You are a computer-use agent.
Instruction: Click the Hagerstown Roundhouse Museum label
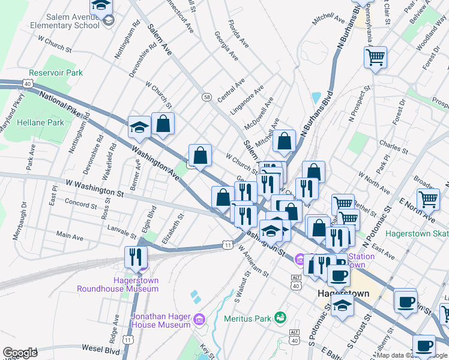tap(118, 284)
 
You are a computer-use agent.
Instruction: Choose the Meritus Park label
tap(249, 317)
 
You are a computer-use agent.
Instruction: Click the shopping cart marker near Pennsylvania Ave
tap(375, 58)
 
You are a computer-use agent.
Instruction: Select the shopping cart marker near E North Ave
tap(428, 199)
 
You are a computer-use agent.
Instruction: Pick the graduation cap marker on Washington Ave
tap(139, 127)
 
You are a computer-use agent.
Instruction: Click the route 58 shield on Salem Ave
tap(206, 97)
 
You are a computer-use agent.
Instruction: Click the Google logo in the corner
tap(20, 353)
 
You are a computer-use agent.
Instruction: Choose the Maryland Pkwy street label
tap(16, 110)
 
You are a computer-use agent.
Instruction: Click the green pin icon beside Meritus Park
tap(279, 317)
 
